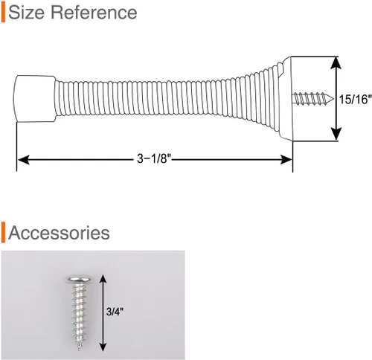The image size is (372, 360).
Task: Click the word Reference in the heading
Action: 94,13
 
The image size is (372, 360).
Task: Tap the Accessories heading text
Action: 59,233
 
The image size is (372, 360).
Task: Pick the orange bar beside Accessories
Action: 3,232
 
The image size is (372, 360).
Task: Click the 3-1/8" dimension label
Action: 154,158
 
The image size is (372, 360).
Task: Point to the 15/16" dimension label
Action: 356,100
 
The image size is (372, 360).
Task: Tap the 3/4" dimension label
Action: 115,312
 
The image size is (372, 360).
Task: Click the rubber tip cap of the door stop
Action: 35,99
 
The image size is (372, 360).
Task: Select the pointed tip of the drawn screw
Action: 333,99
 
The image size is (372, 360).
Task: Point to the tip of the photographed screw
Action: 80,348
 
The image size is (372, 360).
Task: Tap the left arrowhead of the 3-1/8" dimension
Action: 24,160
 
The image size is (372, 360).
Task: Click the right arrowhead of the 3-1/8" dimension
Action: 286,159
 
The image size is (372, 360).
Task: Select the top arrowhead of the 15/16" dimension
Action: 336,62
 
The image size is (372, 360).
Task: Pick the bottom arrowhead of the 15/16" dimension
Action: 336,134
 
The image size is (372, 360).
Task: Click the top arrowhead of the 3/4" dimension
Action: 103,280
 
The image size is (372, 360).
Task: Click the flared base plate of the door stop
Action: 287,99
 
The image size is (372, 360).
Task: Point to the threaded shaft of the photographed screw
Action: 80,314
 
